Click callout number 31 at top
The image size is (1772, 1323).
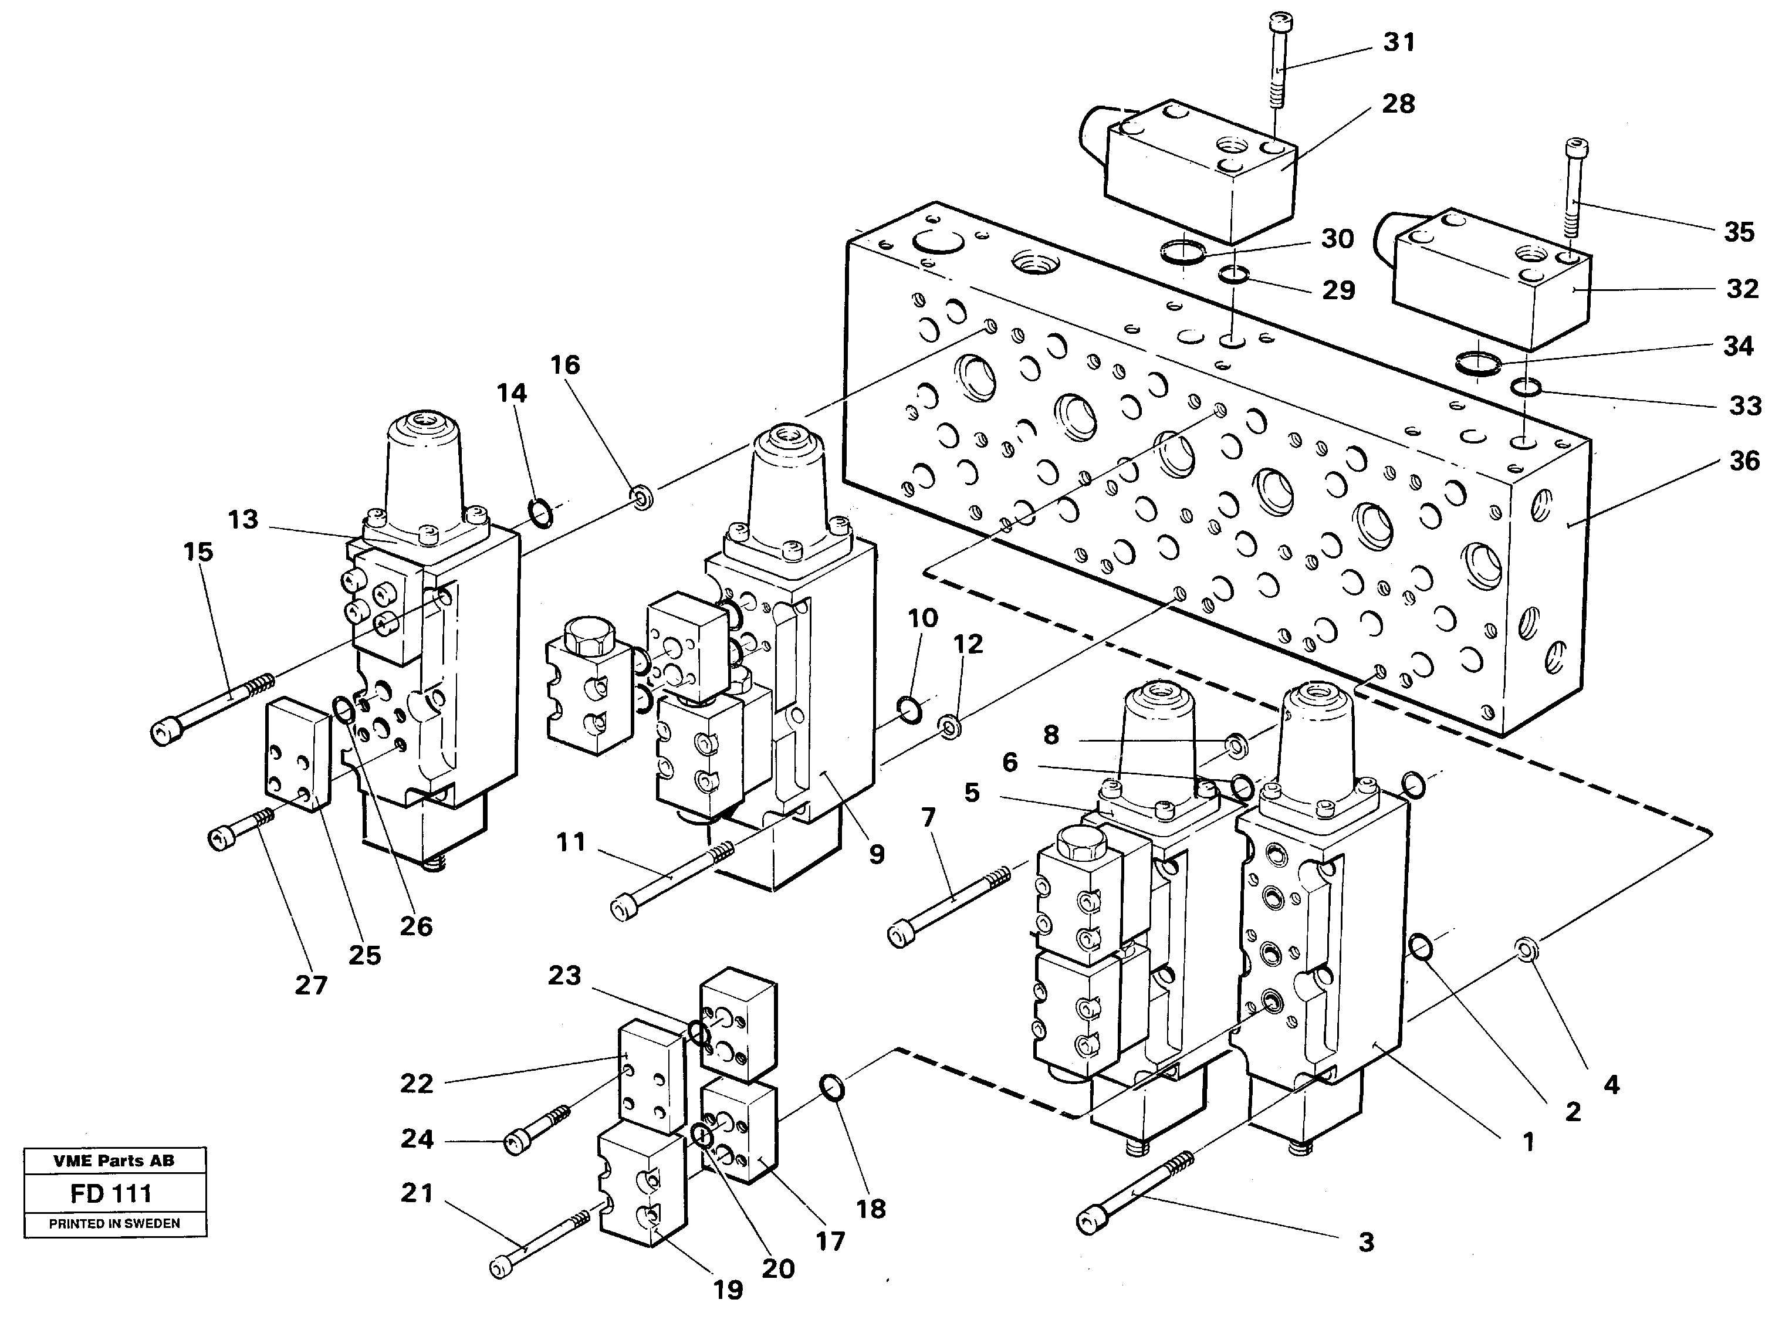point(1399,42)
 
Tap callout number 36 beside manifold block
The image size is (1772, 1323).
point(1744,461)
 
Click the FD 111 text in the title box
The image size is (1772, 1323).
point(111,1194)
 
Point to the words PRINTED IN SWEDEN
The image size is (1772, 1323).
point(114,1224)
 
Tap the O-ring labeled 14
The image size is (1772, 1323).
point(540,513)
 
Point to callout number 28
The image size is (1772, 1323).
point(1398,103)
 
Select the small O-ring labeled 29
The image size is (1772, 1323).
point(1233,276)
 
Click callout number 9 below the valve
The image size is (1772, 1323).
point(877,854)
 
